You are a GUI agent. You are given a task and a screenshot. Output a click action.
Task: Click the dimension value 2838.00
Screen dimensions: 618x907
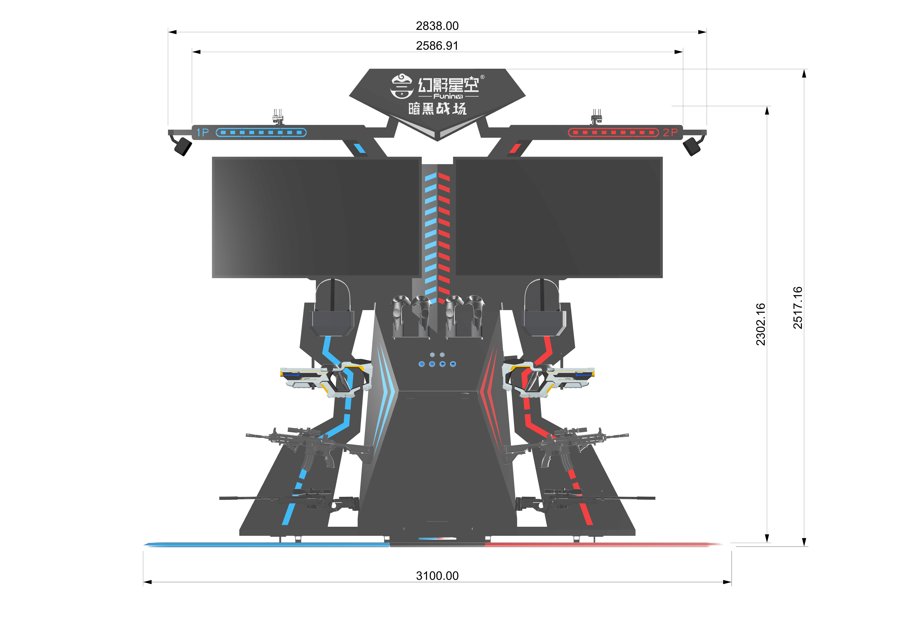coord(437,26)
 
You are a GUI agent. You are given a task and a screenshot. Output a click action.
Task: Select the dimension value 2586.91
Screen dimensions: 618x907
coord(437,46)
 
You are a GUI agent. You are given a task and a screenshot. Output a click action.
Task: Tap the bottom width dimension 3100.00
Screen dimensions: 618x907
coord(437,576)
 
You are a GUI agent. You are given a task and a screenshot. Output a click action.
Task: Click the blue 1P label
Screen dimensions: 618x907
coord(203,133)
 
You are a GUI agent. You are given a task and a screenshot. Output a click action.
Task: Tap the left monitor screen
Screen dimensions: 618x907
coord(316,217)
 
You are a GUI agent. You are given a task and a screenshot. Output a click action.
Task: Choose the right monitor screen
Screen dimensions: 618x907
coord(558,217)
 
